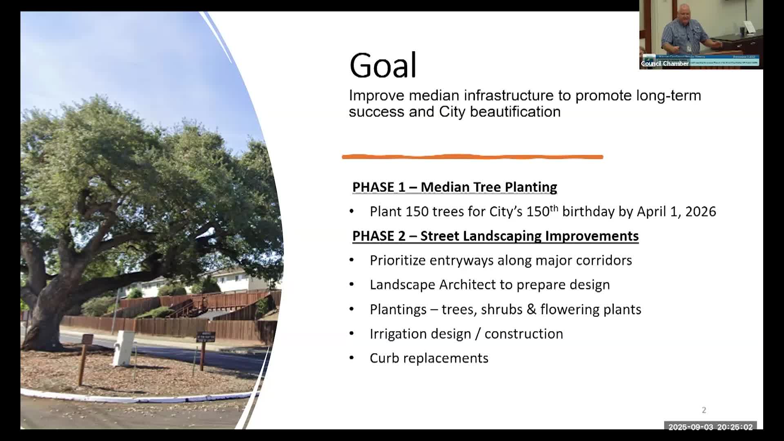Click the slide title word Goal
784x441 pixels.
pyautogui.click(x=383, y=65)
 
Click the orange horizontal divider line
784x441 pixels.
pyautogui.click(x=472, y=157)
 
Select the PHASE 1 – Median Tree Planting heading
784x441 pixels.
pyautogui.click(x=454, y=187)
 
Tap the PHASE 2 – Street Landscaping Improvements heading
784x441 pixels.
pyautogui.click(x=495, y=236)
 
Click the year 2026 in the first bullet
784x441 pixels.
pyautogui.click(x=700, y=212)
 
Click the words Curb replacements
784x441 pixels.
pyautogui.click(x=429, y=358)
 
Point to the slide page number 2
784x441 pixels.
pyautogui.click(x=704, y=410)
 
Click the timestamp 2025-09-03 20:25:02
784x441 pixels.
pyautogui.click(x=710, y=427)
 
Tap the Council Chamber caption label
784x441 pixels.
pyautogui.click(x=664, y=64)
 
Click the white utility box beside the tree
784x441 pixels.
pyautogui.click(x=124, y=348)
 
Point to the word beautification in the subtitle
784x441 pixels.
pyautogui.click(x=515, y=112)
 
